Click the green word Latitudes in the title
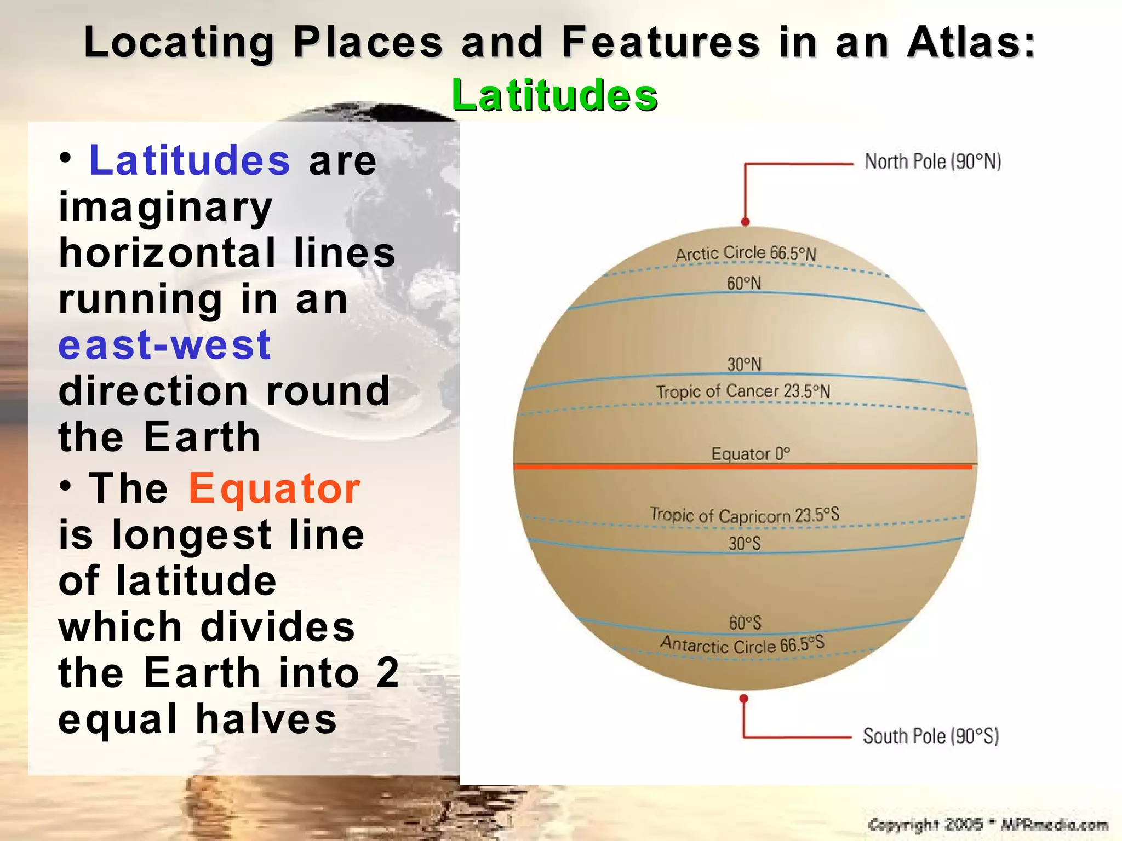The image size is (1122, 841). point(554,95)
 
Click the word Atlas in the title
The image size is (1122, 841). point(970,43)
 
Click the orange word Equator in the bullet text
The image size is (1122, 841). point(274,488)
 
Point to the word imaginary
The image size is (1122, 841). point(165,208)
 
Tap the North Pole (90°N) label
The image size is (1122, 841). point(932,162)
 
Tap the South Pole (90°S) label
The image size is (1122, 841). point(930,736)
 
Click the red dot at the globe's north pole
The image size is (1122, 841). point(745,222)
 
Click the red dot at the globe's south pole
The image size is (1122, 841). point(743,699)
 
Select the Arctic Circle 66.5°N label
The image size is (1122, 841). point(745,254)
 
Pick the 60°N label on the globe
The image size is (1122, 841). point(743,283)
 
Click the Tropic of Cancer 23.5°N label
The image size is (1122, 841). point(743,391)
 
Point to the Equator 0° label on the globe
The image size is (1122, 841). point(750,454)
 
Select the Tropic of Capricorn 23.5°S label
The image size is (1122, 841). point(744,515)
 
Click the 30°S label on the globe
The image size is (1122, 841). point(744,544)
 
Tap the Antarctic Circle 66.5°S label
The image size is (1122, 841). point(742,644)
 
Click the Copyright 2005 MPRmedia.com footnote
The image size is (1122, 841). point(988,825)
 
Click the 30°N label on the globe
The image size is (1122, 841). point(743,364)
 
